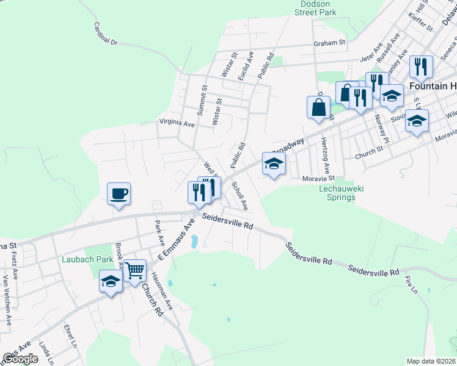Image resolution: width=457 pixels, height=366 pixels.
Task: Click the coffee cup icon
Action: point(119,194)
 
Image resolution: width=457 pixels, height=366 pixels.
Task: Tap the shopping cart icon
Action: point(134,270)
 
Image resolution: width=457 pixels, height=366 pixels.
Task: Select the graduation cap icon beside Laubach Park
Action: point(111,282)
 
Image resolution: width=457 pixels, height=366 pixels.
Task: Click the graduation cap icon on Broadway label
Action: point(274,163)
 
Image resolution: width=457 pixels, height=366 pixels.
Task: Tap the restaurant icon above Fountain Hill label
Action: point(420,66)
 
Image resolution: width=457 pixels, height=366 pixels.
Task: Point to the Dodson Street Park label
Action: point(315,7)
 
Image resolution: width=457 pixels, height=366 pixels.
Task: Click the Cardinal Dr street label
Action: point(105,35)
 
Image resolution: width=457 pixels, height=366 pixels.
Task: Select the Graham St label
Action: point(329,43)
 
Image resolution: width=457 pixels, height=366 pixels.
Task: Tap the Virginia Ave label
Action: point(177,123)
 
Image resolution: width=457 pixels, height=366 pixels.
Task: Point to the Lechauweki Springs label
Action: point(342,193)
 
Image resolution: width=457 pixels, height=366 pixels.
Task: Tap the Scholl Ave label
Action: point(239,196)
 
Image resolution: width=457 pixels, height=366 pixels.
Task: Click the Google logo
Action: point(20,359)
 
